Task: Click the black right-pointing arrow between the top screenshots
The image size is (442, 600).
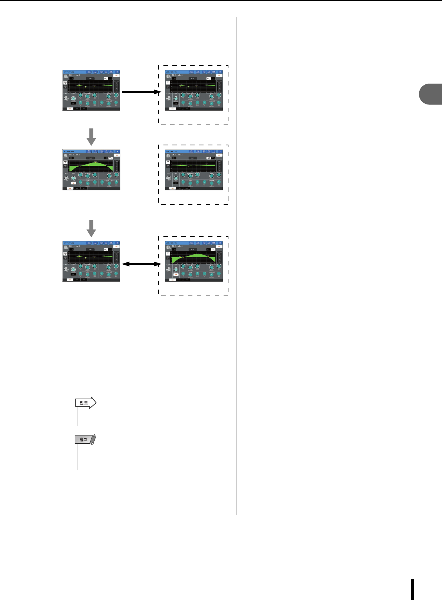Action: click(140, 92)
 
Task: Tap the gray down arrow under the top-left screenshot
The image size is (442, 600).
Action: click(91, 137)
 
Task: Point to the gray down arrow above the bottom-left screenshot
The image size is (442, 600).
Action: click(91, 228)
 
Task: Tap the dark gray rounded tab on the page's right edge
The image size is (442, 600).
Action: click(431, 94)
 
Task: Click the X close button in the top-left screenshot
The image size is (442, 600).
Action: click(117, 72)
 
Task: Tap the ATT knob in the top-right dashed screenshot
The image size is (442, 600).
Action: click(169, 99)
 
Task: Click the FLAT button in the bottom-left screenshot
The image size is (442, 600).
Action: click(90, 249)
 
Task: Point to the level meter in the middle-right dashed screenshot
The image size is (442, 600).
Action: click(219, 166)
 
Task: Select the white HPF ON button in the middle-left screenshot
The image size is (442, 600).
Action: click(73, 183)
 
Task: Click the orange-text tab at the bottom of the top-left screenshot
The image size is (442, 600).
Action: click(69, 109)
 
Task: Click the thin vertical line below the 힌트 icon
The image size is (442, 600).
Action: click(78, 416)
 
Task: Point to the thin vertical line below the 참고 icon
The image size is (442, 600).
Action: click(78, 457)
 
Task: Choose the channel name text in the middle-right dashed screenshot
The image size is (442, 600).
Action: click(177, 155)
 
